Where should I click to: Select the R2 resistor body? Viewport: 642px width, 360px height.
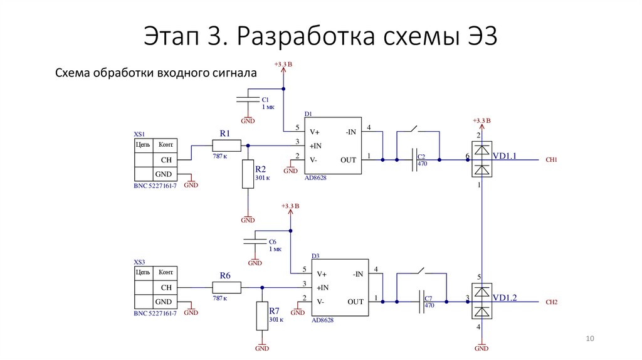click(x=248, y=174)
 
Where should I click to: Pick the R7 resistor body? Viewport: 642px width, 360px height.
click(x=262, y=317)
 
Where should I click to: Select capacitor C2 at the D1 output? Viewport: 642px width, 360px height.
click(x=414, y=160)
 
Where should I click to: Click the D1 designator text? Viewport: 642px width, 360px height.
click(x=308, y=114)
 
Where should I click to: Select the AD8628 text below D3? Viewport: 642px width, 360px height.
click(x=322, y=320)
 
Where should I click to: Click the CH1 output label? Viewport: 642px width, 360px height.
click(x=551, y=161)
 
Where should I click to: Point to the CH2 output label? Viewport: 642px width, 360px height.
click(x=551, y=302)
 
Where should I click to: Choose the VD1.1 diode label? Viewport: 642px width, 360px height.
click(x=505, y=156)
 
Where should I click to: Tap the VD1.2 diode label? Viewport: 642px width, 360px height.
click(x=505, y=297)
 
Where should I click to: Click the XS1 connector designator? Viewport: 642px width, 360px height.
click(x=139, y=134)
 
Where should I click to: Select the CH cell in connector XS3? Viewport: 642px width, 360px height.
click(x=166, y=287)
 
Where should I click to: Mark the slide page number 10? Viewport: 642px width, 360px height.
click(x=589, y=339)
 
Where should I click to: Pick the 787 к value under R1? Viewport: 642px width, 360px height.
click(x=220, y=156)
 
